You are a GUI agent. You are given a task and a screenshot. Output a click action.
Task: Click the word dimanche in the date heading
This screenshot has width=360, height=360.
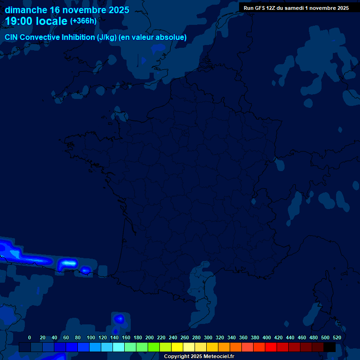26,10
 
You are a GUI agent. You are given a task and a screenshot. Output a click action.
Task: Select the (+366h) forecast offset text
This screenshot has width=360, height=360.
83,21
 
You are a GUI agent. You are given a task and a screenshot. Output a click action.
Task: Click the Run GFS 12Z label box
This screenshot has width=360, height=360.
296,8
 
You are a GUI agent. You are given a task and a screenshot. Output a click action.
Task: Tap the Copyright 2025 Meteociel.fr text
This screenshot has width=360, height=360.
199,357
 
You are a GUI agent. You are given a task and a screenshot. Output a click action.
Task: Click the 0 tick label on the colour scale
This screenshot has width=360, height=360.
30,337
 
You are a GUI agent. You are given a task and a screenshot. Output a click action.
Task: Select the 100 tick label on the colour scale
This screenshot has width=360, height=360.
90,337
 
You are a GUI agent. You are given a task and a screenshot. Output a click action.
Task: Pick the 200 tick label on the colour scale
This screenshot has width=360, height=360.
150,337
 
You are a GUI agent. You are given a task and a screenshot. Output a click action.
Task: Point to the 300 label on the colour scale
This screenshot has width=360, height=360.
208,337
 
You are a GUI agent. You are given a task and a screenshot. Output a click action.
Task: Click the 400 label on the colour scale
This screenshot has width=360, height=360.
267,337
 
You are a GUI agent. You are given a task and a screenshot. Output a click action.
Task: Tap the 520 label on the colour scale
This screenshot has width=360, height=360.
337,337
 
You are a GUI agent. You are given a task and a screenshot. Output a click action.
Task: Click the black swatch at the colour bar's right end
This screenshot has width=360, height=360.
330,347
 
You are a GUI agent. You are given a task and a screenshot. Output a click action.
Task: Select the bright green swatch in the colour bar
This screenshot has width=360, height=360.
154,347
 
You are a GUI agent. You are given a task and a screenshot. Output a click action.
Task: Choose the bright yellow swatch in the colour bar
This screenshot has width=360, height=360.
177,347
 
